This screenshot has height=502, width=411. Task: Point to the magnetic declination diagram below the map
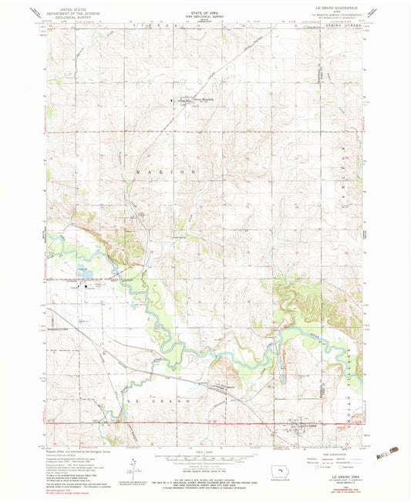pyautogui.click(x=133, y=464)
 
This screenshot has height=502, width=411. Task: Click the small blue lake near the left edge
pyautogui.click(x=80, y=269)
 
